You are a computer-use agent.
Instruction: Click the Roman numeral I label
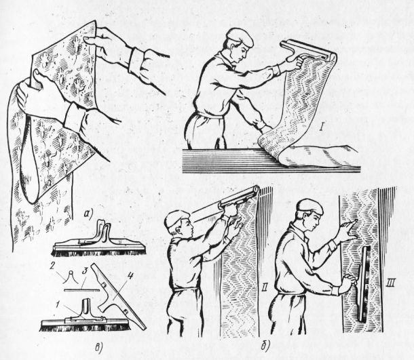coord(321,128)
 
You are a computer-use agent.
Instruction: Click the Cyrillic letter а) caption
coord(89,214)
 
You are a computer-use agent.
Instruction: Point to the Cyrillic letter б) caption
coord(265,344)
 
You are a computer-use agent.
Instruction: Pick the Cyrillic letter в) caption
coord(98,347)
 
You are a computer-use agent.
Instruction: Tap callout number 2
coord(53,268)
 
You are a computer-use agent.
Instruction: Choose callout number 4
coord(130,277)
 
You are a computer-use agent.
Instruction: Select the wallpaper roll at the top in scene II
coord(238,197)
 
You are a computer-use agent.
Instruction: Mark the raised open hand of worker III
coord(347,230)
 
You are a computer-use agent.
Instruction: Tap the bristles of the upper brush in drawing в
coord(98,253)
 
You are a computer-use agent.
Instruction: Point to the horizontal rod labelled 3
coord(82,290)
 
